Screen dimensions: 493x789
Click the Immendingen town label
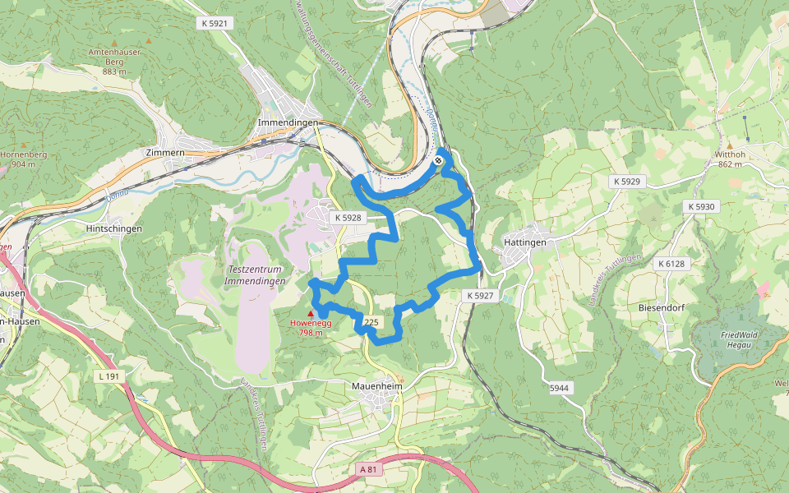[288, 122]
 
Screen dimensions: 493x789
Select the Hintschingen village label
[114, 228]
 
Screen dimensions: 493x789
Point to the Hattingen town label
[526, 243]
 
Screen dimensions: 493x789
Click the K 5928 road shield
[348, 218]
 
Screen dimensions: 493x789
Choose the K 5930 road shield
[702, 206]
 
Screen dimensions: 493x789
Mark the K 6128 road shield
[671, 264]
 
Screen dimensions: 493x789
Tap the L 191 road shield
[108, 376]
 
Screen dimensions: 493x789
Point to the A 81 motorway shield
[372, 469]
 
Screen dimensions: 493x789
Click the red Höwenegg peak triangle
[310, 314]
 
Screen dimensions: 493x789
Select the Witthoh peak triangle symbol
[729, 145]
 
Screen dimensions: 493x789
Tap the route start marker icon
[441, 160]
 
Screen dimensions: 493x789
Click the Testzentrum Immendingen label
[254, 275]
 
